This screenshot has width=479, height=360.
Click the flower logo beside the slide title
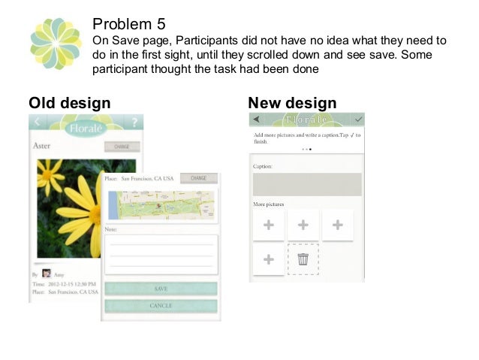click(x=56, y=43)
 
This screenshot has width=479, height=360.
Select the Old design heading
click(x=69, y=103)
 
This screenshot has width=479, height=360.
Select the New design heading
click(x=292, y=103)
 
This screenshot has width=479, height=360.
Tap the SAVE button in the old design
click(x=161, y=289)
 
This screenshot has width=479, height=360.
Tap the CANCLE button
click(x=161, y=306)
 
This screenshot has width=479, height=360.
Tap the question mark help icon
click(x=134, y=123)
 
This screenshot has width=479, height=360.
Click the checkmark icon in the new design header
click(x=358, y=119)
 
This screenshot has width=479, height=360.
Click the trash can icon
click(x=303, y=259)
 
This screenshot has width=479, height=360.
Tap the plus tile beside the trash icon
click(x=269, y=259)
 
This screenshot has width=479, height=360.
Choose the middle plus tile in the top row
click(x=303, y=225)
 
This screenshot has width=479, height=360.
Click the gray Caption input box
click(x=306, y=184)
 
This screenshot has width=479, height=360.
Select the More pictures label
click(x=268, y=204)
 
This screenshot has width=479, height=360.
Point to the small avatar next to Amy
click(x=47, y=274)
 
